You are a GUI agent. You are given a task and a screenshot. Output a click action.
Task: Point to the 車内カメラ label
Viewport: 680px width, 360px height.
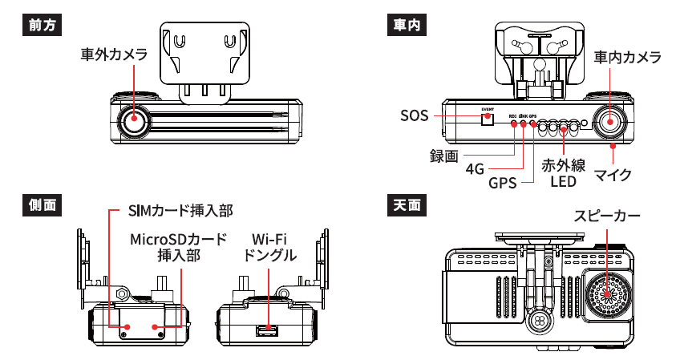point(627,58)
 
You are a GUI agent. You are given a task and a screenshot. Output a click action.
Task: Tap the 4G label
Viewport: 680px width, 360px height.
point(475,169)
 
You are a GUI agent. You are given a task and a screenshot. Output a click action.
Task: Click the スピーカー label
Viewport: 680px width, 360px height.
point(607,216)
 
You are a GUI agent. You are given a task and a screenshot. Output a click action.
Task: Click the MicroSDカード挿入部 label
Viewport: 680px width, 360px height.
point(179,247)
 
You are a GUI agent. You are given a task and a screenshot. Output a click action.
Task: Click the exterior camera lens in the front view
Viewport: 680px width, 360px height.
point(133,122)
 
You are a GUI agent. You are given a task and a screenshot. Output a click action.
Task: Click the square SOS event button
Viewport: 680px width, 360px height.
point(487,119)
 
